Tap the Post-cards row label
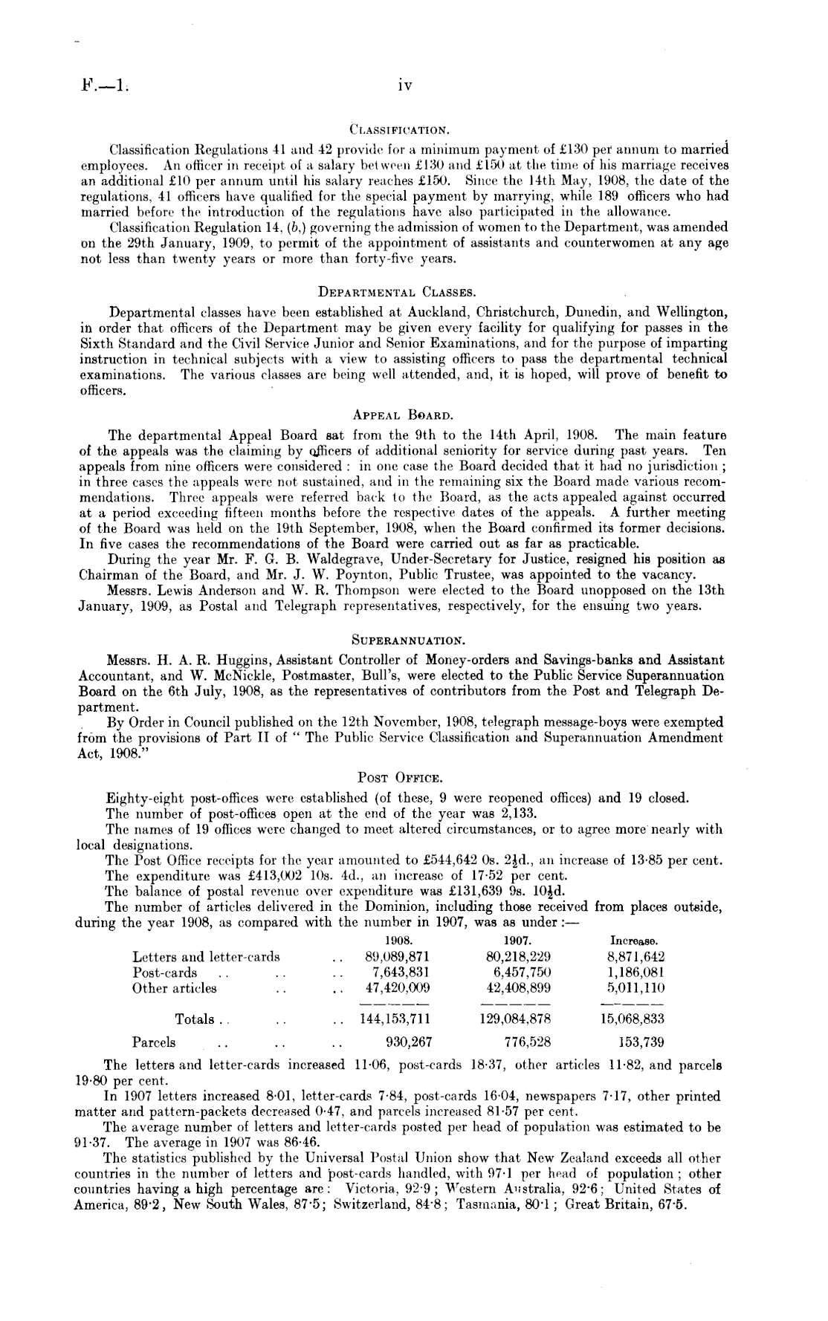[165, 973]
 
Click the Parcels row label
[154, 1042]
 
